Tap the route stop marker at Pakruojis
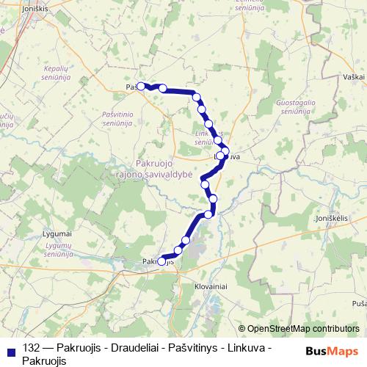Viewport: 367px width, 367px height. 161,261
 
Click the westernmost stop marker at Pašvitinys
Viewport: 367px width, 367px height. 139,84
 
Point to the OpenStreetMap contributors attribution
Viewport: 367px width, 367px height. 303,329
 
